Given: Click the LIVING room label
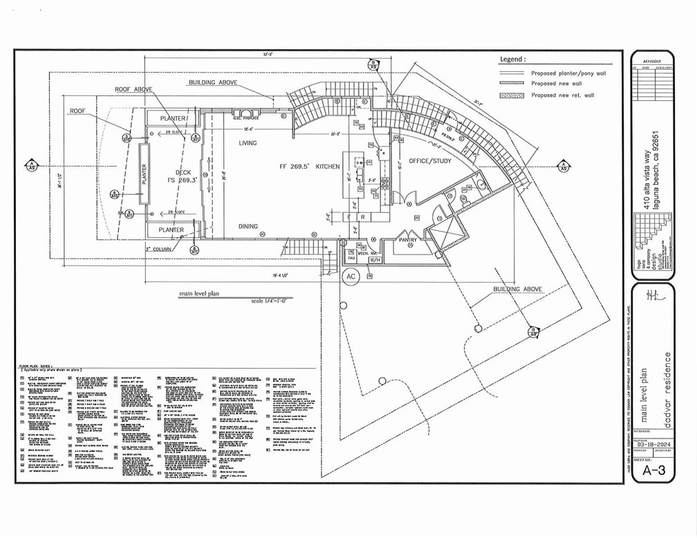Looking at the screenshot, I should pyautogui.click(x=248, y=143).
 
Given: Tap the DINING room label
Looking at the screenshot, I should pyautogui.click(x=248, y=226).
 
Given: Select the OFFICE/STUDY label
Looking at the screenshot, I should pyautogui.click(x=430, y=160).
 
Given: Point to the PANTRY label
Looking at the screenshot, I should pyautogui.click(x=408, y=240).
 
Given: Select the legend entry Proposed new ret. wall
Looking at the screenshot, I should pyautogui.click(x=562, y=95).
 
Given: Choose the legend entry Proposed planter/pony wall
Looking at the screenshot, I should pyautogui.click(x=568, y=73).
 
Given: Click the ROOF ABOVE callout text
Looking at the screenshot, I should pyautogui.click(x=134, y=90).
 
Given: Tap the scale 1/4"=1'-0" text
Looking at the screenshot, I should pyautogui.click(x=274, y=302).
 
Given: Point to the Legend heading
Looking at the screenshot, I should pyautogui.click(x=513, y=59).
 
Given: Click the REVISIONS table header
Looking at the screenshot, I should pyautogui.click(x=651, y=62).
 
